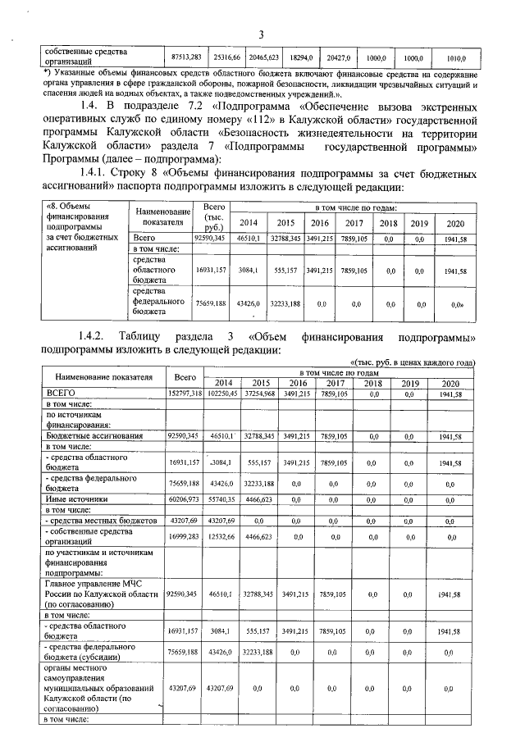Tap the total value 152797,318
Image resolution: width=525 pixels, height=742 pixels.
(185, 394)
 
